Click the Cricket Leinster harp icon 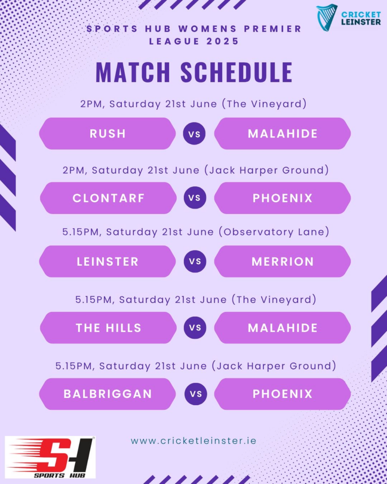(327, 17)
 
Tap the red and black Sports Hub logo (50, 457)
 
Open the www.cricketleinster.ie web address (194, 441)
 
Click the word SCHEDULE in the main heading (236, 72)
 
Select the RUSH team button (107, 134)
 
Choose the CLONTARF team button (108, 198)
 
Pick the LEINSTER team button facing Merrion (107, 261)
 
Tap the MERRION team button (283, 261)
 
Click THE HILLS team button (108, 328)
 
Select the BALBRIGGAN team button (107, 394)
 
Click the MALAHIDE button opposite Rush (283, 134)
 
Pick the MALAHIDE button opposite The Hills (283, 328)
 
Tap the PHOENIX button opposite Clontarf (283, 198)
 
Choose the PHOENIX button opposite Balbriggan (283, 394)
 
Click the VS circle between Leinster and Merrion (195, 261)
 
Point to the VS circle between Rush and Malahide (194, 134)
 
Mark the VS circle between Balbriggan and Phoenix (196, 394)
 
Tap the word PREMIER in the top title (273, 29)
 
